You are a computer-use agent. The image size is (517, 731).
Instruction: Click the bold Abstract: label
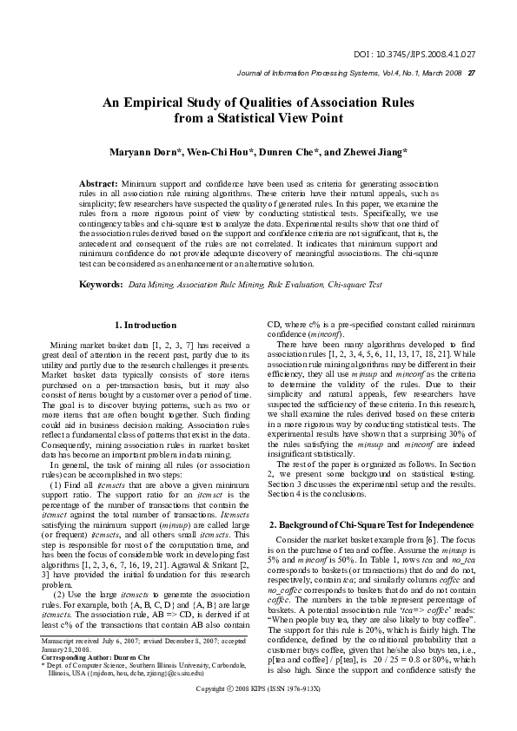[98, 186]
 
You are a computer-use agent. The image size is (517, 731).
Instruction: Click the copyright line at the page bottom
[259, 712]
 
